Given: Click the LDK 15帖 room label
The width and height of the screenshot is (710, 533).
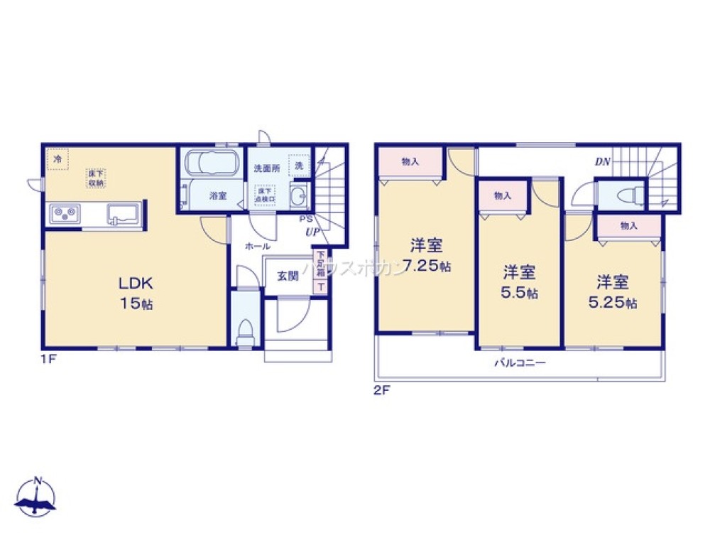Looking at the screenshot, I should [135, 292].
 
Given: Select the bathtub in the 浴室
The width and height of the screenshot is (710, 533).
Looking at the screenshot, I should [211, 164].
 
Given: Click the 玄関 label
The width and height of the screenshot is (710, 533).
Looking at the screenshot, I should [288, 276].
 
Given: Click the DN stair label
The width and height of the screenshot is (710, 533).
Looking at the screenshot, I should [603, 162].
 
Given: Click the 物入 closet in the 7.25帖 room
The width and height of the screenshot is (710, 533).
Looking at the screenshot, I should [410, 162].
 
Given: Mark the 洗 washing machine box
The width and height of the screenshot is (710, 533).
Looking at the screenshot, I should [299, 165].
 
